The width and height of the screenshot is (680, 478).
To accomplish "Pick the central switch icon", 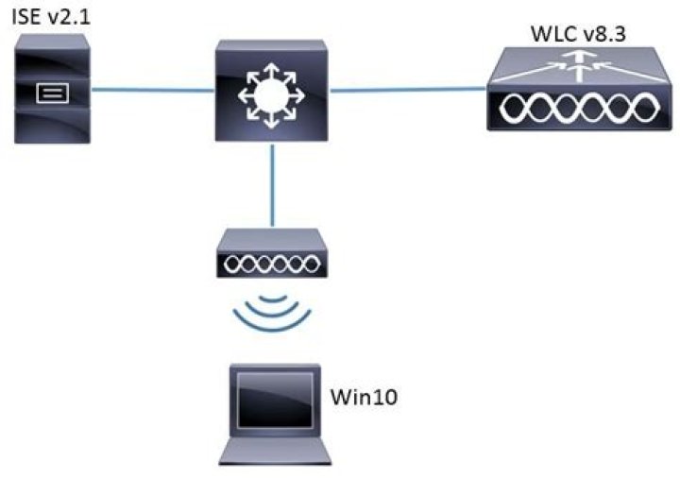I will coord(270,93).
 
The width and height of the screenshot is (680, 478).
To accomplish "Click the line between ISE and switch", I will coord(151,92).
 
